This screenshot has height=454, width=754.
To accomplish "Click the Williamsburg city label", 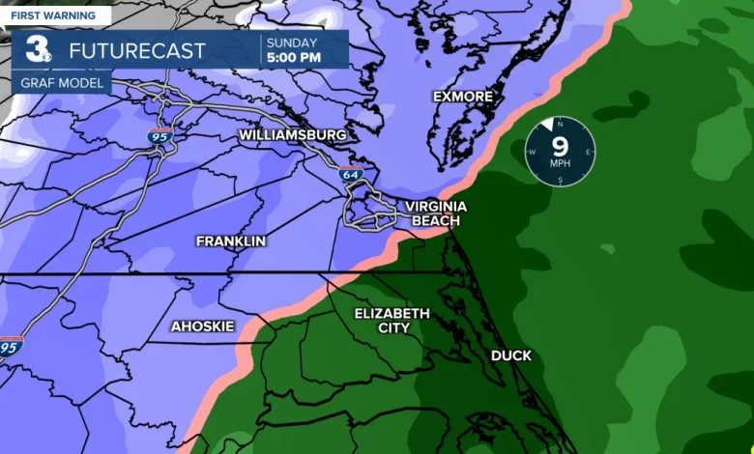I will click(293, 135).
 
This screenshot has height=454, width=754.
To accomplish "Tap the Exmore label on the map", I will click(463, 97).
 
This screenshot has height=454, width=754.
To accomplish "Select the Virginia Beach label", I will click(435, 213).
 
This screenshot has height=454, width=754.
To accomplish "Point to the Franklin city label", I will click(230, 241).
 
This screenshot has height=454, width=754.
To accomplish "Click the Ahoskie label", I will click(202, 326).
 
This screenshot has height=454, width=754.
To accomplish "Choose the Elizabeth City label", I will click(391, 321).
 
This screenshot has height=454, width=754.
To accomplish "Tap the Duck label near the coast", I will click(510, 355).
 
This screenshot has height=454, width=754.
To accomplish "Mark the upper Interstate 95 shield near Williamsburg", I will click(160, 136).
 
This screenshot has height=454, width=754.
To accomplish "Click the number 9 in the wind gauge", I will click(560, 146).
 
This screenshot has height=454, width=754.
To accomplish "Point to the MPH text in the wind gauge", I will click(561, 164).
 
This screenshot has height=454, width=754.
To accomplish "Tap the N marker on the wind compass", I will click(561, 123).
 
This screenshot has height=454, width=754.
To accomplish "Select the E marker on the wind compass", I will click(589, 152).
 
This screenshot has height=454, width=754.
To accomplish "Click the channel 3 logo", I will click(40, 49).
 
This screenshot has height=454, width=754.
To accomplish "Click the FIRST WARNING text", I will click(53, 15).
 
